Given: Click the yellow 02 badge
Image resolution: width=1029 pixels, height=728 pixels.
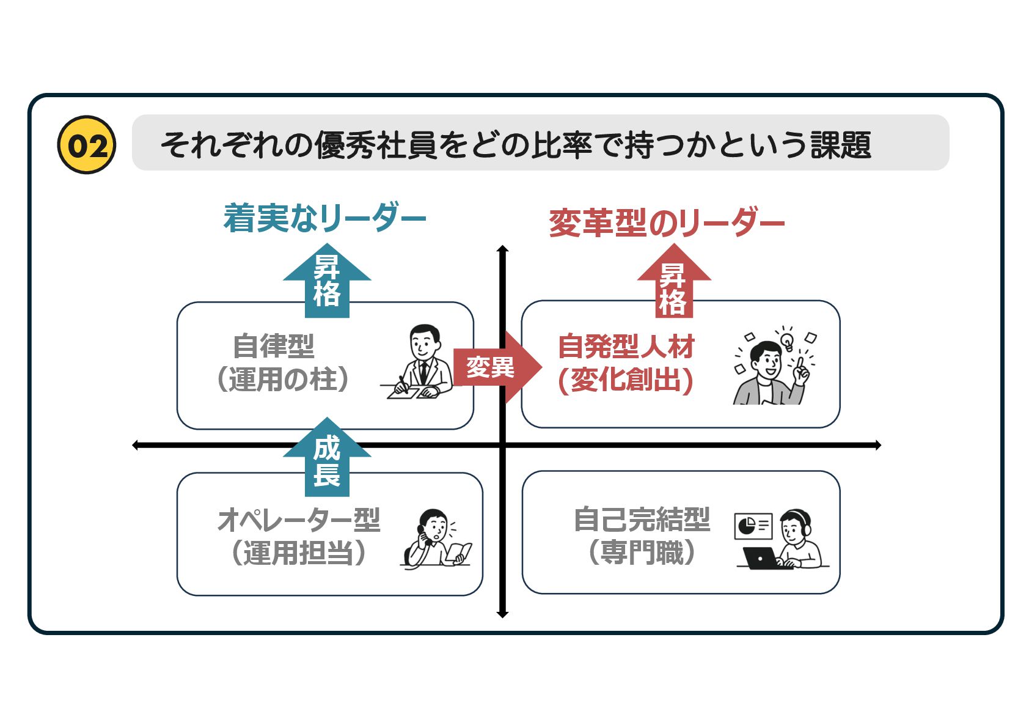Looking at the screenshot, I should pos(86,145).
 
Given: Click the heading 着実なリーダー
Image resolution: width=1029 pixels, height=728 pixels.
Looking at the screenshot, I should pos(324,218).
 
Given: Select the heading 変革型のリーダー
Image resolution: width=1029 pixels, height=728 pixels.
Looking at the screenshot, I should pos(666,222).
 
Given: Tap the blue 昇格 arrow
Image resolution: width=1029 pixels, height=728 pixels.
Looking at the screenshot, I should pos(327,281).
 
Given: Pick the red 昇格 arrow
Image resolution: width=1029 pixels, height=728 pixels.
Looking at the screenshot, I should pos(673,284).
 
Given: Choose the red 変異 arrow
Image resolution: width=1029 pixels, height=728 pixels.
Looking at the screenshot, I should pos(495,367).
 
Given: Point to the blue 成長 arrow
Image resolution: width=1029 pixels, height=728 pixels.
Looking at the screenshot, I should pos(327,458).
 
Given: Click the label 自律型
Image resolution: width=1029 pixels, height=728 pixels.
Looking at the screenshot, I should pos(274,347).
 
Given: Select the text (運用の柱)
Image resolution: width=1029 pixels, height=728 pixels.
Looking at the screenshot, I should pos(283,379).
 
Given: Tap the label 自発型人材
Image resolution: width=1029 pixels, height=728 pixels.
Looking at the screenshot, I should pos(626,347).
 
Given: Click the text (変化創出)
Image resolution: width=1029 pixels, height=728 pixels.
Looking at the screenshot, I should pos(626,380).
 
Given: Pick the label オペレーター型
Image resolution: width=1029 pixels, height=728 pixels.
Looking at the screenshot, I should pos(299,520).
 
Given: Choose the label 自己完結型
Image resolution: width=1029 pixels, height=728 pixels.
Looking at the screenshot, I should pos(642,520).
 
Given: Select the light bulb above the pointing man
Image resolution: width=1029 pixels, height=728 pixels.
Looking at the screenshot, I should pos(787,340).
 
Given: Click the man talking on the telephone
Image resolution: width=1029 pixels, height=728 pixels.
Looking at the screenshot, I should pos(434,538).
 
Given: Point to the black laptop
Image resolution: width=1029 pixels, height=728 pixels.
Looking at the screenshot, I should pos(760,557).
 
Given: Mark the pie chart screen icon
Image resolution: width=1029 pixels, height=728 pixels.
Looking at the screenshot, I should pos(753,526).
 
